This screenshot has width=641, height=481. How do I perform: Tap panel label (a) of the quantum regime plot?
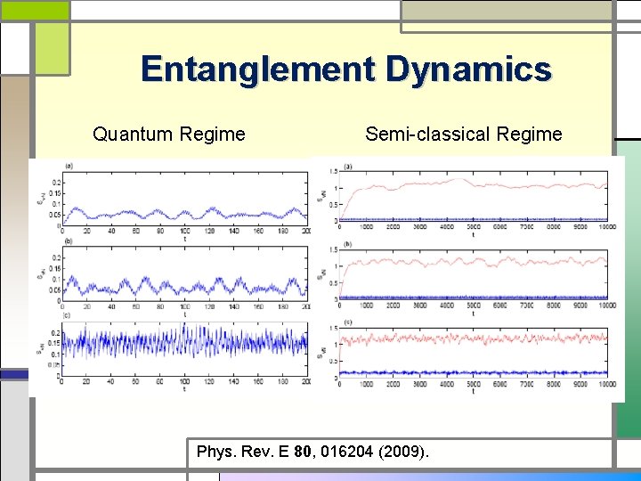click(69, 166)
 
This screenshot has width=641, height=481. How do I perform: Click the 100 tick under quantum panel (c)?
click(184, 382)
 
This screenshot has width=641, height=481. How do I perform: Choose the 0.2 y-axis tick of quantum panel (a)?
click(57, 183)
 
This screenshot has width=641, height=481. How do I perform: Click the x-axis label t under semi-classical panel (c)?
click(473, 390)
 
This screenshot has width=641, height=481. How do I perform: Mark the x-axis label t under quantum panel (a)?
click(184, 239)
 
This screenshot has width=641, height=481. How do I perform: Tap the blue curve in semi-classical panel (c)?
click(472, 372)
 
